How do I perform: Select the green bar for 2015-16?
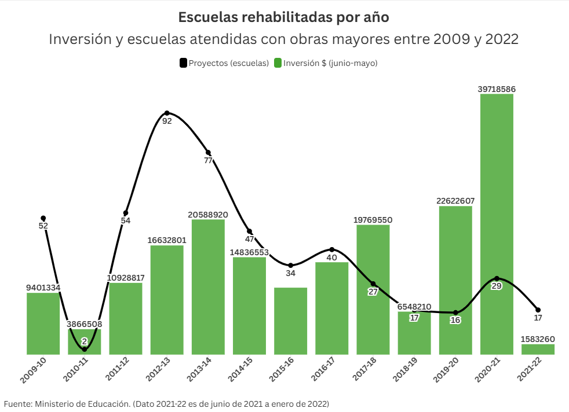tap(290, 321)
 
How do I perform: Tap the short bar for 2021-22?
tap(538, 350)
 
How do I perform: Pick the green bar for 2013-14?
tap(208, 286)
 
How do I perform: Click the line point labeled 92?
tap(167, 113)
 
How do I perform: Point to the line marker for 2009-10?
tap(43, 218)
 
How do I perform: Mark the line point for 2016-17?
tap(332, 249)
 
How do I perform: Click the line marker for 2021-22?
tap(538, 310)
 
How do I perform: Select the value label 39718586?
tap(497, 89)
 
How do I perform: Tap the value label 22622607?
tap(455, 201)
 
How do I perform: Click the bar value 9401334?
tap(43, 288)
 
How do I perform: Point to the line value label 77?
tap(209, 161)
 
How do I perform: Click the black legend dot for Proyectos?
tap(184, 63)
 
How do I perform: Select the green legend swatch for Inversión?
tap(278, 63)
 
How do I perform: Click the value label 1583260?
tap(538, 339)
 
